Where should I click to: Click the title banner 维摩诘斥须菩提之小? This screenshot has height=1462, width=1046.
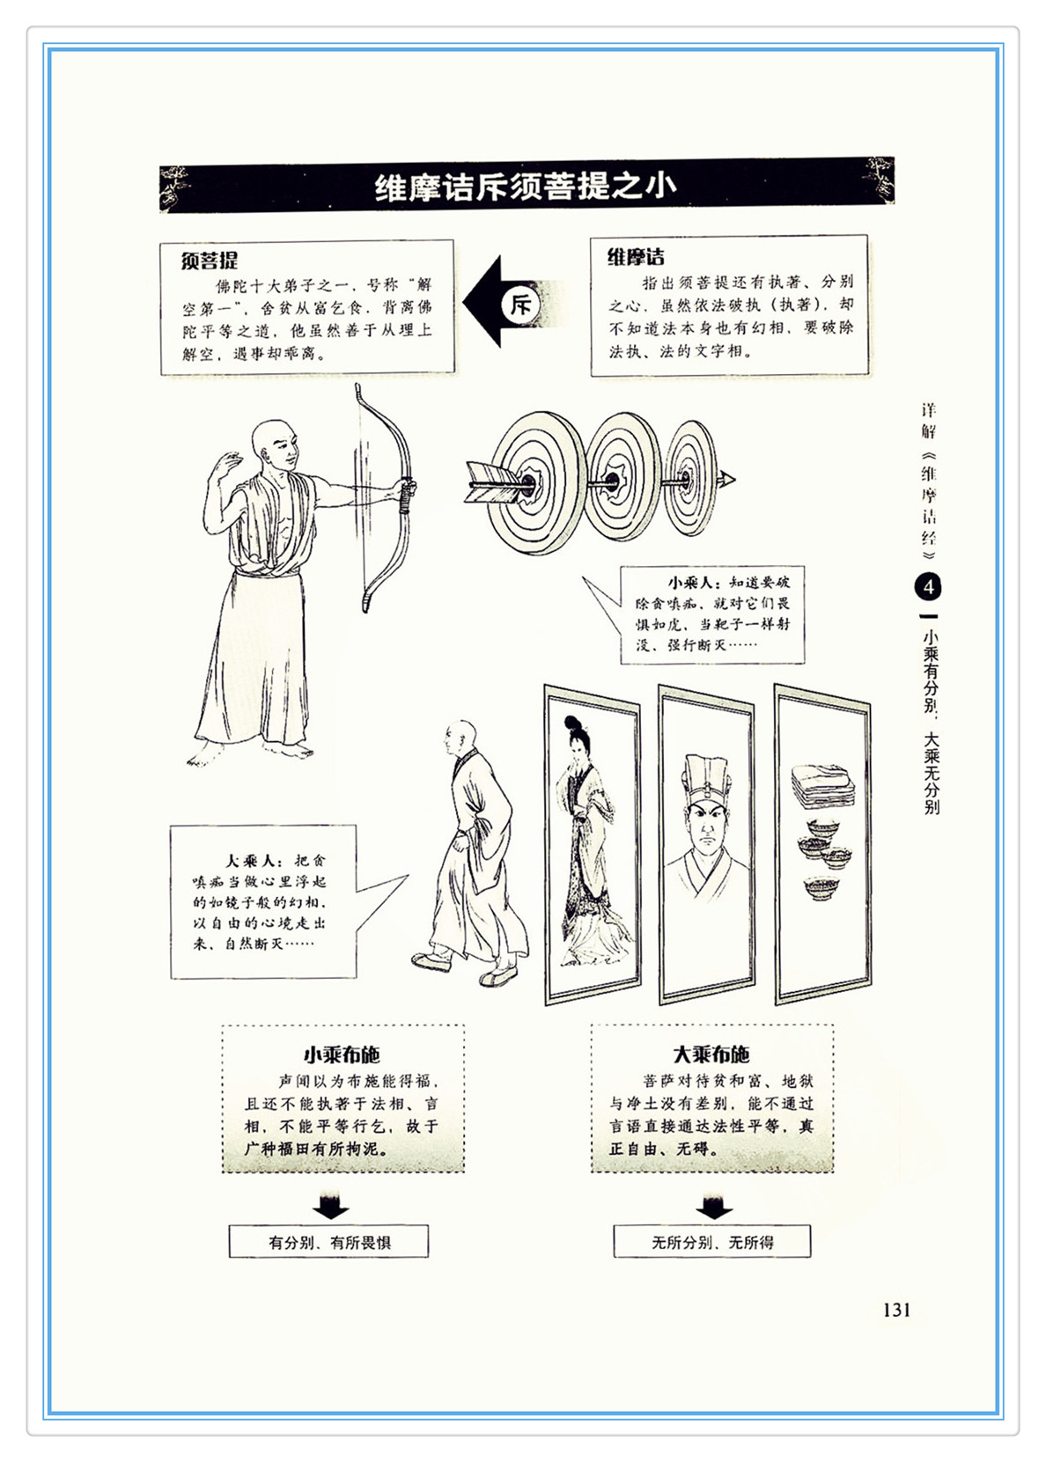tap(527, 186)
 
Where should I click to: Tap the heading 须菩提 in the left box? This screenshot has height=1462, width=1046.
tap(210, 261)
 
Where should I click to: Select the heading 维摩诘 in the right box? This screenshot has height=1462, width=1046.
tap(636, 256)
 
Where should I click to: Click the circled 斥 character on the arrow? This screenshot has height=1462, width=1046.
tap(521, 304)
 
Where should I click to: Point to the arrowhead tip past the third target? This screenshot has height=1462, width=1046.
tap(735, 481)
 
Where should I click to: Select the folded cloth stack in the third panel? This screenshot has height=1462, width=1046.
tap(822, 786)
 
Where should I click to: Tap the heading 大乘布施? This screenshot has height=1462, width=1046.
tap(711, 1054)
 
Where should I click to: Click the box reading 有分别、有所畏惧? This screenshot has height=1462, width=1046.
tap(328, 1241)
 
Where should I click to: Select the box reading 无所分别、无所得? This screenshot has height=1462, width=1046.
tap(711, 1241)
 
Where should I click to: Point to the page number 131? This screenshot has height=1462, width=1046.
tap(895, 1309)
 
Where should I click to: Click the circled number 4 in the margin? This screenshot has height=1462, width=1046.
tap(929, 587)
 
